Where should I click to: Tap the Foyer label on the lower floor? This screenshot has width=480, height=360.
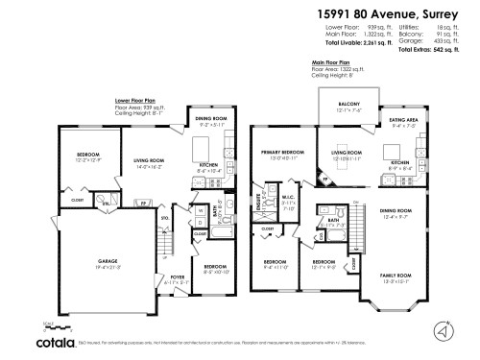pyautogui.click(x=177, y=278)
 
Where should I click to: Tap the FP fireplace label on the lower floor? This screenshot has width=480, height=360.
pyautogui.click(x=144, y=203)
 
